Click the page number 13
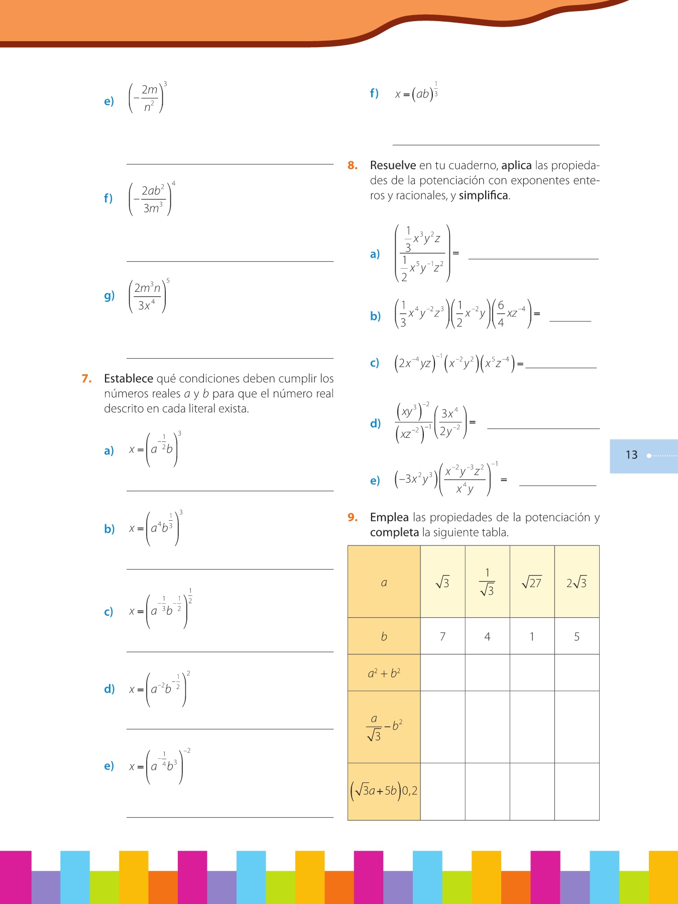[631, 455]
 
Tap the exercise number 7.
[86, 379]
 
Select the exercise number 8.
[353, 165]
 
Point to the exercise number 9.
[353, 517]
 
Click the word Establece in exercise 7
[129, 379]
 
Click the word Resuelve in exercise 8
[393, 165]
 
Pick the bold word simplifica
[483, 195]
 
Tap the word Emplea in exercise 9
[389, 517]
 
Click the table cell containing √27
[532, 582]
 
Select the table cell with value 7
[442, 636]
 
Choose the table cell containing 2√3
[577, 582]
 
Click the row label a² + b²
[384, 673]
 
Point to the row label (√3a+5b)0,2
[384, 791]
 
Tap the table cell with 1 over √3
[487, 582]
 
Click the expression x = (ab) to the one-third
[416, 93]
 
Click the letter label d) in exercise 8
[375, 423]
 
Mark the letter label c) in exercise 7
[108, 612]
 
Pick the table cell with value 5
[577, 636]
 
